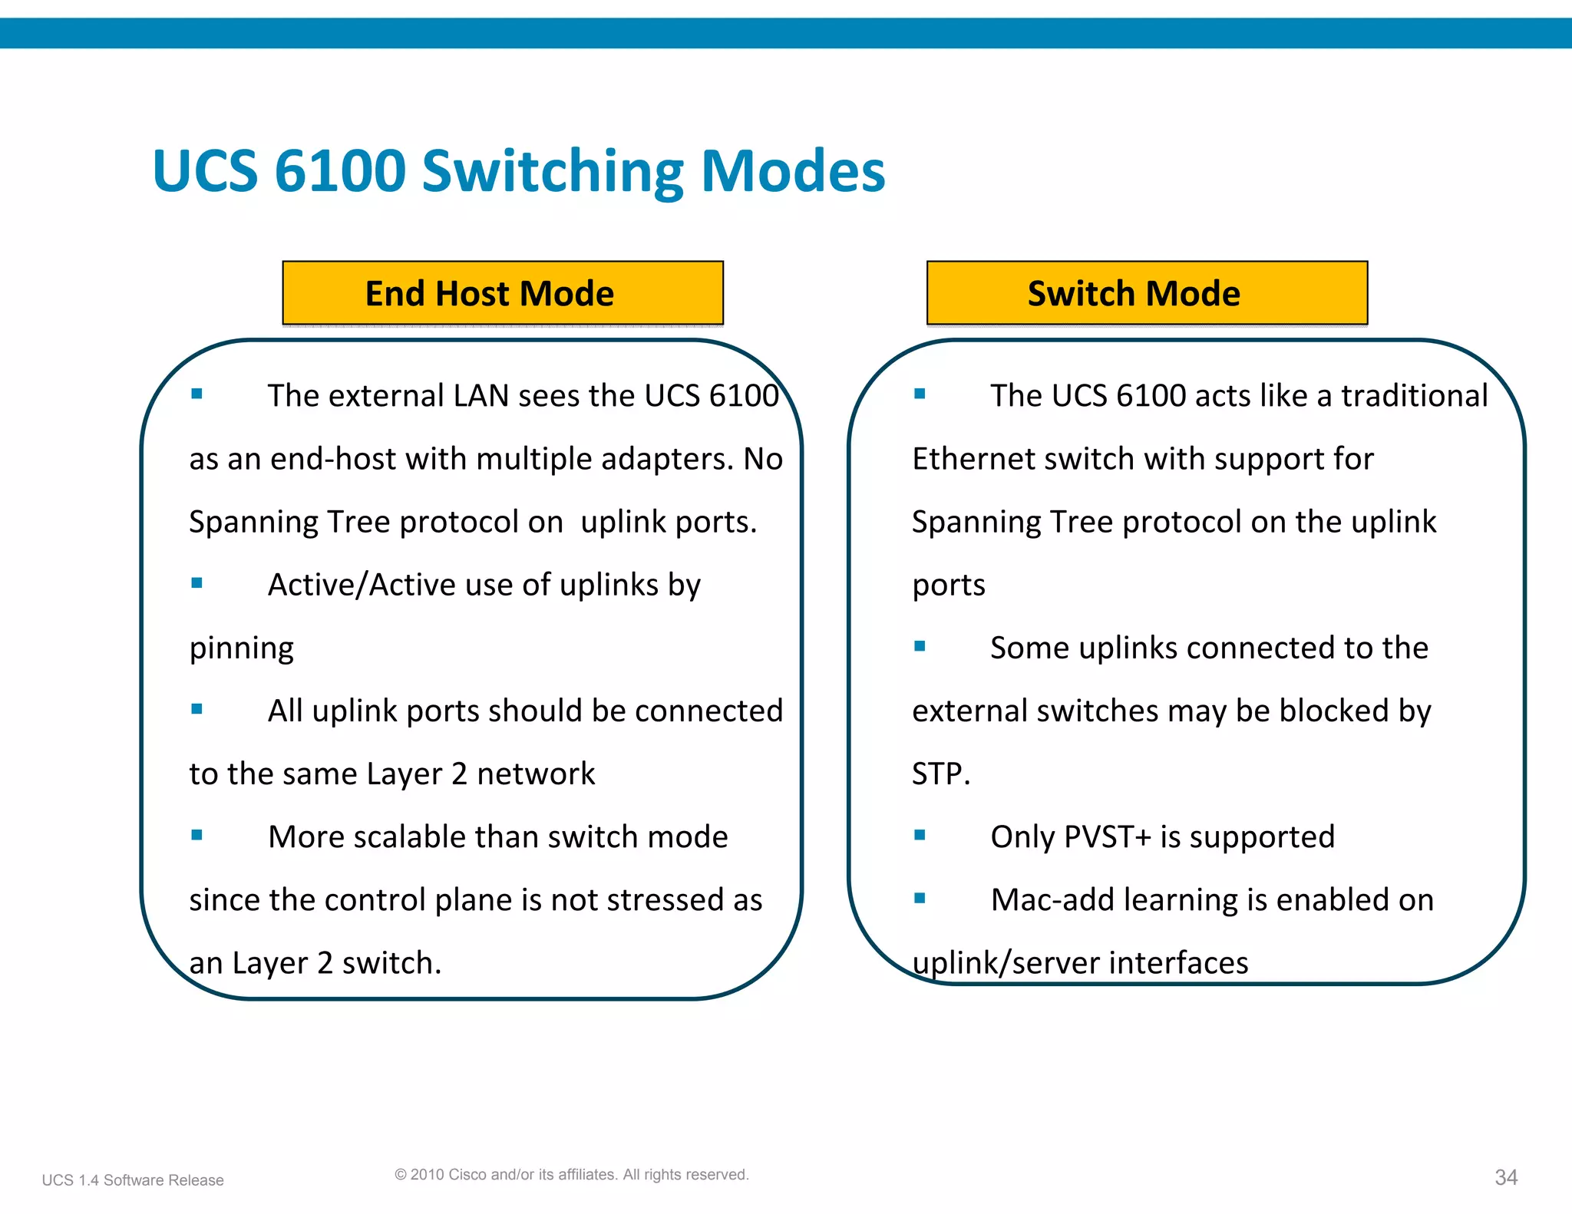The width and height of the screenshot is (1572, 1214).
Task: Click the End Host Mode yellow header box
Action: [503, 293]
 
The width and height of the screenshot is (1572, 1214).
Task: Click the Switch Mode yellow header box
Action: [1147, 293]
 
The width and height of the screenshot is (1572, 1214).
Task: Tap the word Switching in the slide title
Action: [553, 170]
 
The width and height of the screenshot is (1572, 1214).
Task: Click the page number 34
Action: [1506, 1177]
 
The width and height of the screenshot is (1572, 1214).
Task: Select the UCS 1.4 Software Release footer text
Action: [133, 1180]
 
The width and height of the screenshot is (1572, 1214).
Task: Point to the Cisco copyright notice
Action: [571, 1174]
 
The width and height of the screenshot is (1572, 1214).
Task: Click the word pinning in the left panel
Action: [241, 648]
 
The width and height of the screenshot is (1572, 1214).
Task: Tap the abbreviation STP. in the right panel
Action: [941, 774]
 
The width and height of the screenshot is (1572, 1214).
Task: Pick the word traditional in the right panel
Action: [1414, 396]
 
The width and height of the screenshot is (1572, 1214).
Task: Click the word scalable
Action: [410, 836]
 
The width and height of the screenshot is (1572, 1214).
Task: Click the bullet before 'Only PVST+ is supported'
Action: [920, 835]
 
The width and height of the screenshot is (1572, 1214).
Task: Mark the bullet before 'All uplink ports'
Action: [197, 709]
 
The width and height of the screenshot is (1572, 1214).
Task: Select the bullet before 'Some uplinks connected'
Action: [920, 646]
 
